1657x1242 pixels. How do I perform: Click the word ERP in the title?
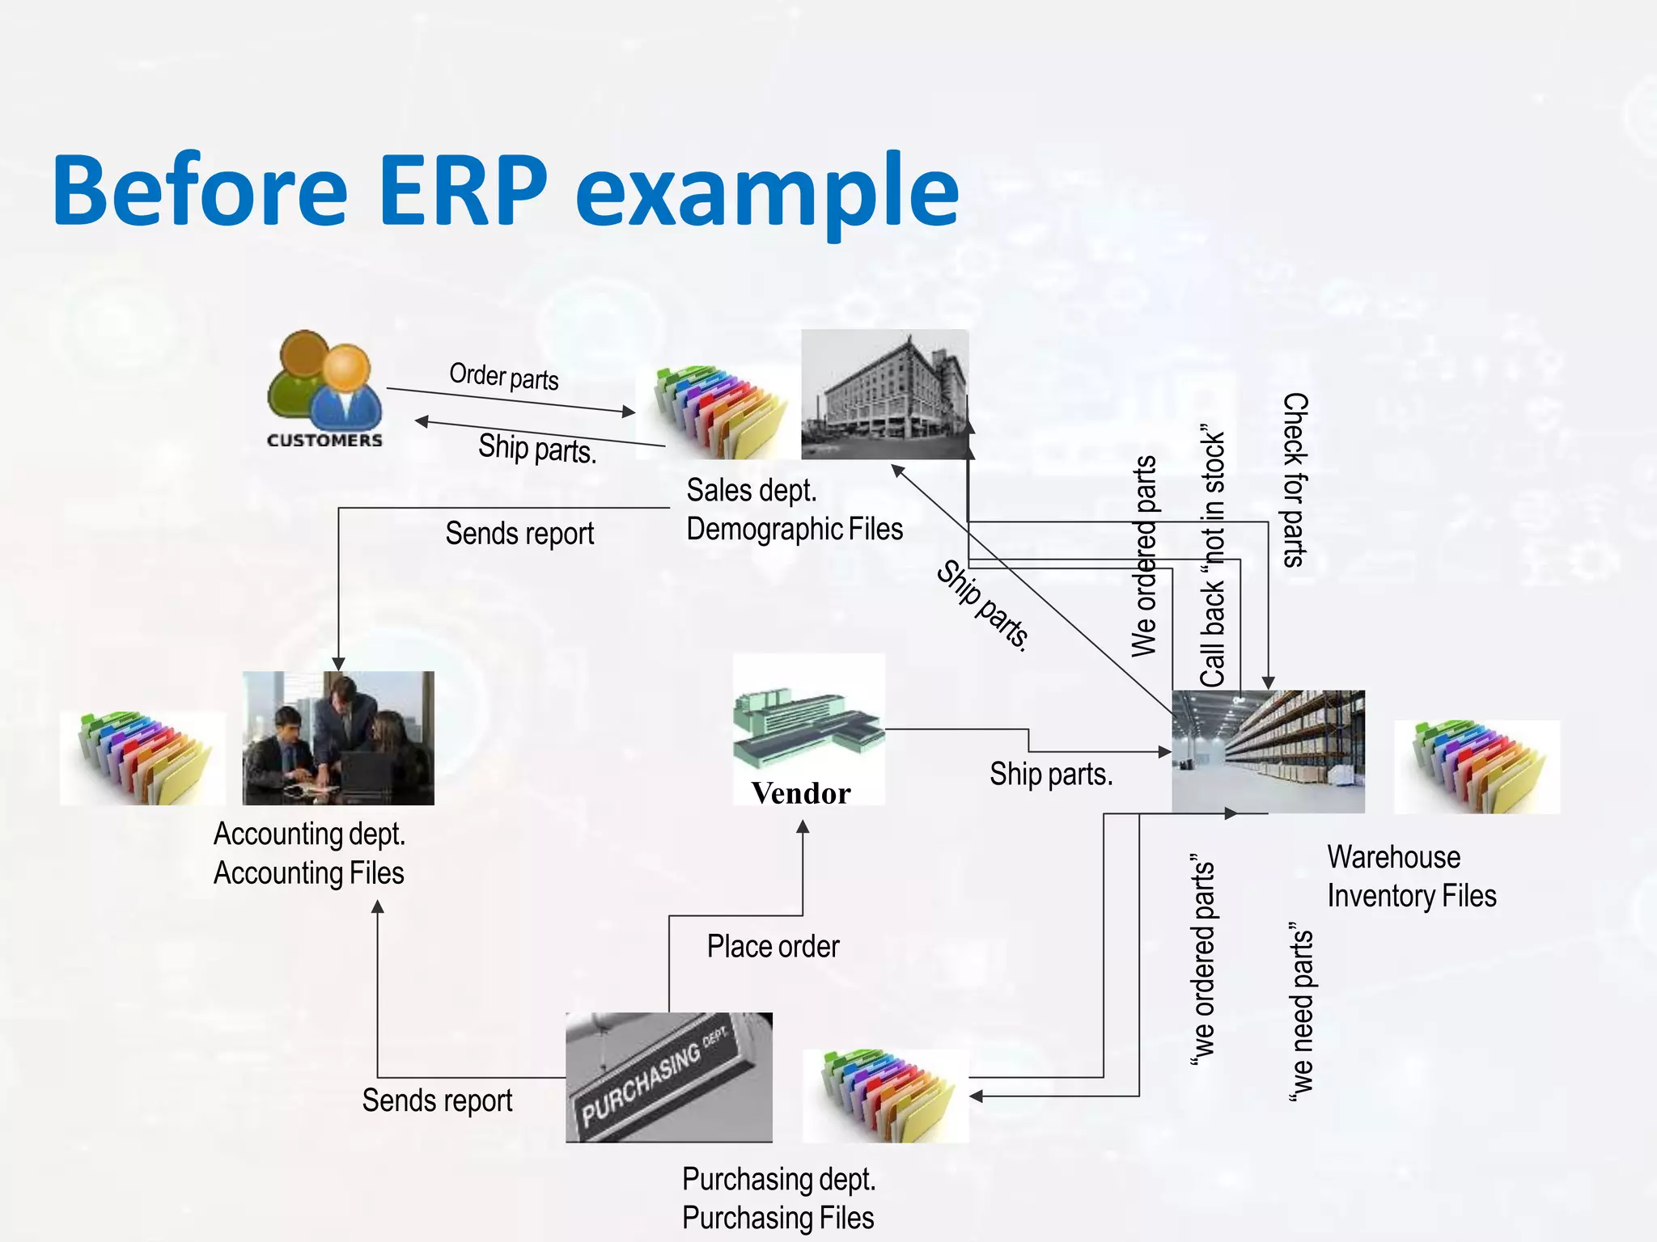click(x=462, y=191)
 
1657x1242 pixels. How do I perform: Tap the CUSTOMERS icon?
click(x=324, y=389)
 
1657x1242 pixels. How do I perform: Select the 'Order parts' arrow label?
click(x=504, y=377)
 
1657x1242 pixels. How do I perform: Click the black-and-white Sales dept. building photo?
click(x=884, y=395)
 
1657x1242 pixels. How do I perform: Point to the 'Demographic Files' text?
click(x=795, y=530)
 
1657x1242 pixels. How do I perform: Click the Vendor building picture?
click(x=807, y=720)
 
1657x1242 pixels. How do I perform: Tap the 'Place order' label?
click(x=773, y=946)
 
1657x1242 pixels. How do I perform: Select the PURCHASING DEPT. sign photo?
click(x=668, y=1077)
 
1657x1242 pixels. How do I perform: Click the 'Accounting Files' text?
click(x=308, y=873)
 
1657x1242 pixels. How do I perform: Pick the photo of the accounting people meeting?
click(x=338, y=738)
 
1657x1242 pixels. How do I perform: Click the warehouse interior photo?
click(x=1268, y=751)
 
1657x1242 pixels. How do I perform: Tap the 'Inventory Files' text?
click(x=1411, y=896)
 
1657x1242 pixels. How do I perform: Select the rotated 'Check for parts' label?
click(x=1295, y=480)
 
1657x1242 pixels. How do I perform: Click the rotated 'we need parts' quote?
click(x=1301, y=1011)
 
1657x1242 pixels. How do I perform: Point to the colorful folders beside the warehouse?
click(x=1477, y=767)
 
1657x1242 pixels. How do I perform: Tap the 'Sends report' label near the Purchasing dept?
click(x=437, y=1100)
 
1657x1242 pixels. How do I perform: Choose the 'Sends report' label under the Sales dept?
click(x=519, y=534)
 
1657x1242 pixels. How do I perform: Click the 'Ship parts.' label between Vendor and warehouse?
click(x=1051, y=775)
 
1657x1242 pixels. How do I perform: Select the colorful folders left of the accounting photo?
click(x=142, y=758)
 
